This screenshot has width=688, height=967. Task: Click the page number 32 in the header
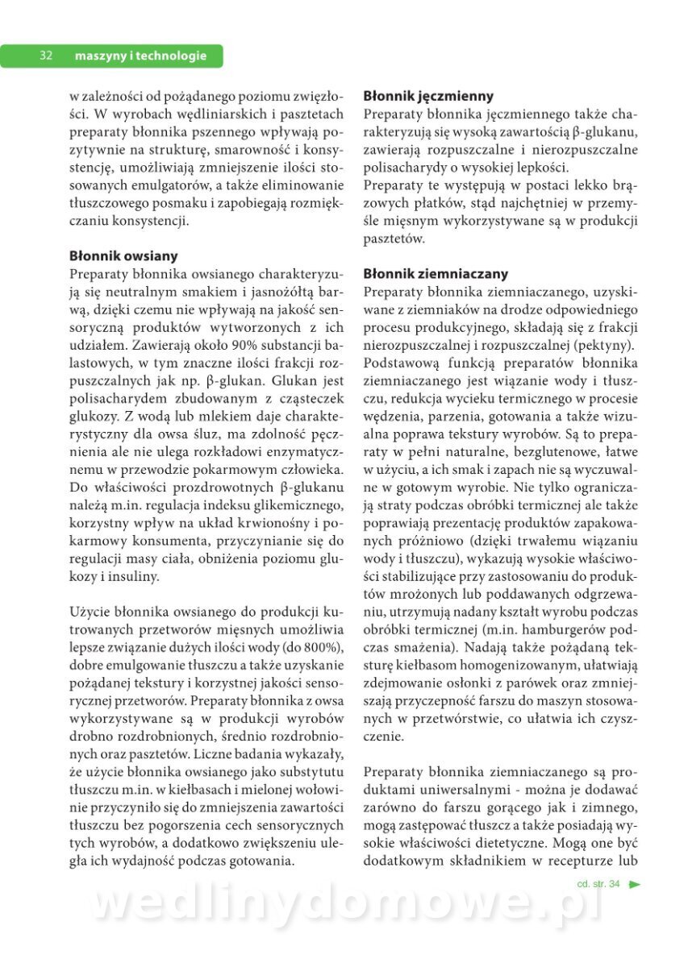point(46,56)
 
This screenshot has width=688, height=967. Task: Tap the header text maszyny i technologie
point(140,56)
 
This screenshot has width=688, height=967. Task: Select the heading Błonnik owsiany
point(123,256)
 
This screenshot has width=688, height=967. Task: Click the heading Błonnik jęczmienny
point(428,96)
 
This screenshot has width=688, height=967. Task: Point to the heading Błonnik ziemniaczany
point(436,274)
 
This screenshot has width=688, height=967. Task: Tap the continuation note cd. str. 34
point(598,884)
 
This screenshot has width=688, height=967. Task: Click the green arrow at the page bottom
point(635,884)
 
